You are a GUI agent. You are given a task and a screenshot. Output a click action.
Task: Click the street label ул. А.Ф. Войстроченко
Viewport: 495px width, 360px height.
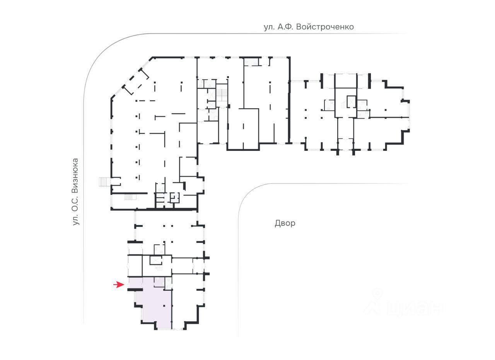click(x=309, y=27)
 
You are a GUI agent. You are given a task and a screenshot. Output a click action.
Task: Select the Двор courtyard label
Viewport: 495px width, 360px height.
click(x=285, y=223)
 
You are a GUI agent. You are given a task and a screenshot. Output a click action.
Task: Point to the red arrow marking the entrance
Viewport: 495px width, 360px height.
click(x=118, y=285)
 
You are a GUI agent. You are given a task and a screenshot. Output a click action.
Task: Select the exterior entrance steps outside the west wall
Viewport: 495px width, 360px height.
click(x=103, y=181)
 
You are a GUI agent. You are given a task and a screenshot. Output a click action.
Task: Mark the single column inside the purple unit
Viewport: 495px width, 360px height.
click(x=164, y=305)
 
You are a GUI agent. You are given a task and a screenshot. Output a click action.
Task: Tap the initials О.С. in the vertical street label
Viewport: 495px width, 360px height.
click(x=75, y=203)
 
